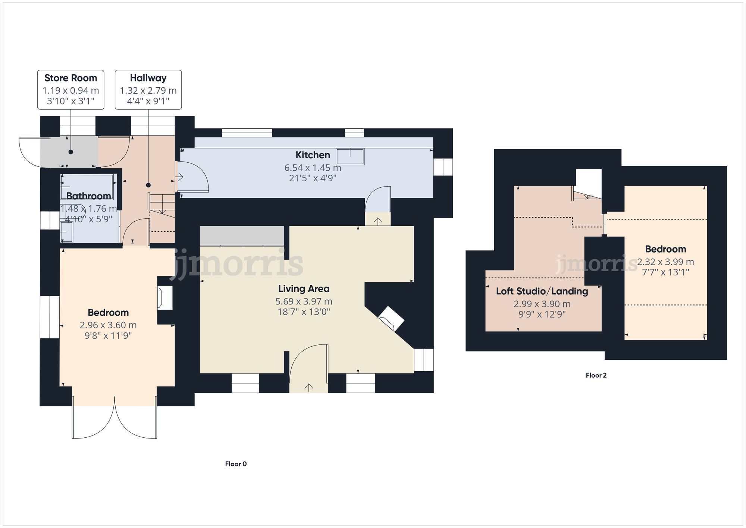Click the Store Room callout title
(70, 78)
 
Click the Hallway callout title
(148, 78)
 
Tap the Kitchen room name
(313, 155)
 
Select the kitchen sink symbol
(350, 156)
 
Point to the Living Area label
(304, 288)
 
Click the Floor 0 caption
(236, 464)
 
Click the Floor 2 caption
(596, 375)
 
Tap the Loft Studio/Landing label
(542, 291)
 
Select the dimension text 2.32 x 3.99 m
(665, 262)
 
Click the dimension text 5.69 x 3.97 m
(304, 301)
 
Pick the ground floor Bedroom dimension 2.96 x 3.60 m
(108, 325)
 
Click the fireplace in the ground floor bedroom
(164, 297)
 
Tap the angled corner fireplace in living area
(391, 318)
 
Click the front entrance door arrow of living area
(308, 387)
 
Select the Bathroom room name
(88, 196)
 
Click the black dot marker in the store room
(70, 152)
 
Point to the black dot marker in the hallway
(148, 185)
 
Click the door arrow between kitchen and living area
(377, 221)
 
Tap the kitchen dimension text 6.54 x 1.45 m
(313, 168)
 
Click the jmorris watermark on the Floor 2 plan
(596, 264)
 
